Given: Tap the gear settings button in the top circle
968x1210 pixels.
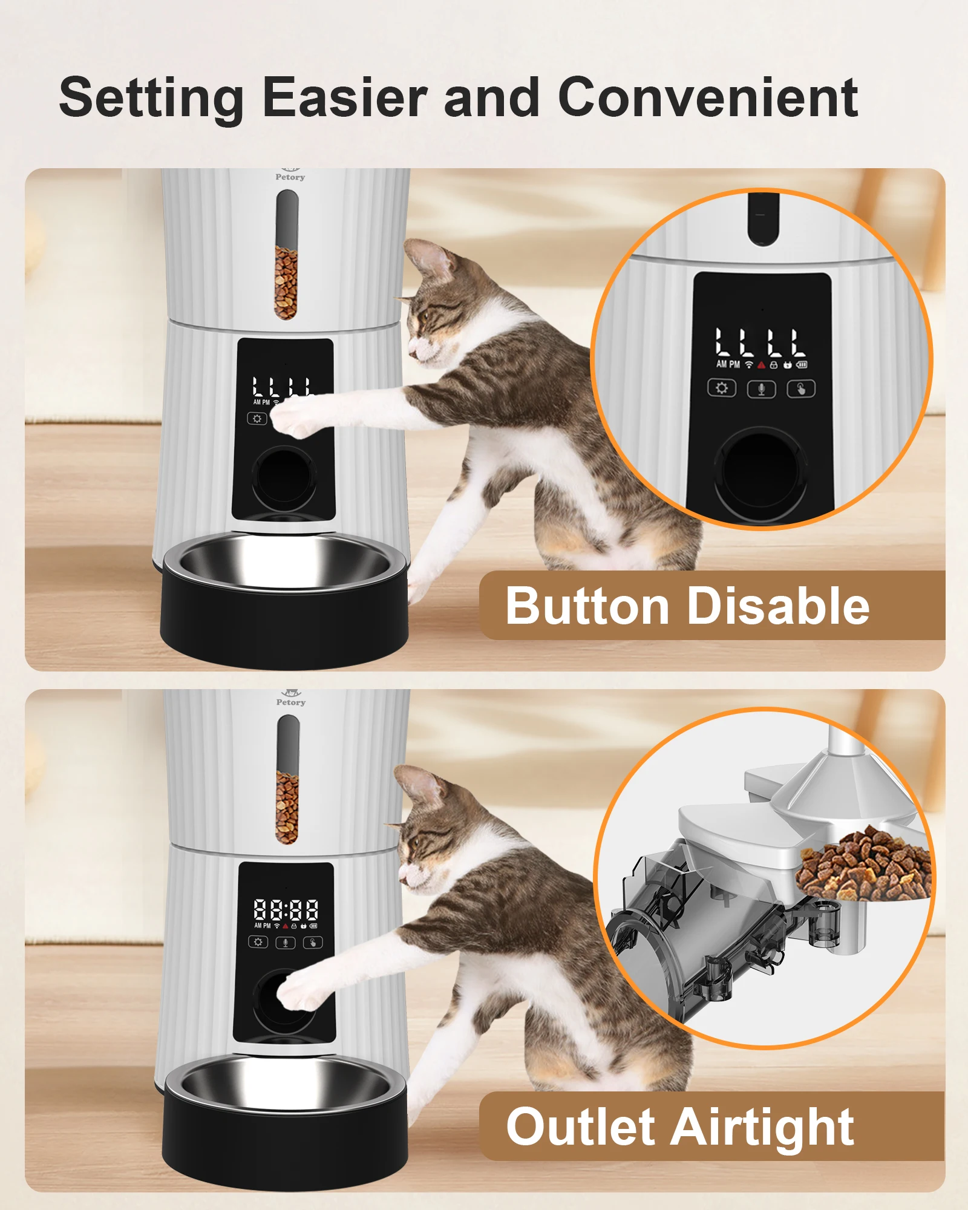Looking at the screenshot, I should tap(722, 388).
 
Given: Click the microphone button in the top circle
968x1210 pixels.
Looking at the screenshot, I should tap(762, 388).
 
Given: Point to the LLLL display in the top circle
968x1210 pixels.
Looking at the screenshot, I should tap(760, 342).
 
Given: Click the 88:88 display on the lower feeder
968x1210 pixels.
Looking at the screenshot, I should tap(286, 909).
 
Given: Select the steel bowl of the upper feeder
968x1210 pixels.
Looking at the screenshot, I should tap(284, 563).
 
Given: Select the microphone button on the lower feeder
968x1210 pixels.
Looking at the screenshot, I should tap(286, 943).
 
